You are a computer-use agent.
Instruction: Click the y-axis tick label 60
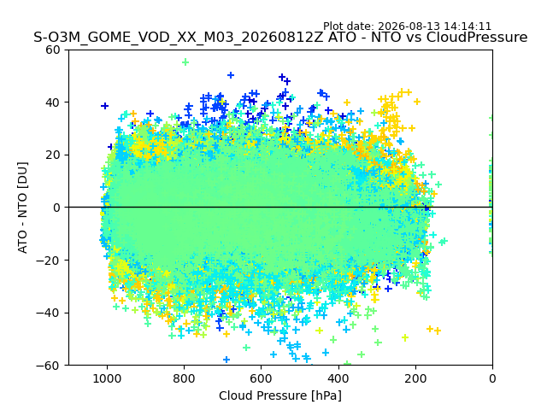click(53, 50)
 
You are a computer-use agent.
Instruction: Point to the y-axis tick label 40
click(53, 102)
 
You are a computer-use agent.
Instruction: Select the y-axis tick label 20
click(53, 155)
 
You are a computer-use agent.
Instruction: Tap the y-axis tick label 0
click(56, 208)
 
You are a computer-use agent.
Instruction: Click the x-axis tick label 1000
click(107, 378)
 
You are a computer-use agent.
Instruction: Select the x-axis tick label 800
click(185, 378)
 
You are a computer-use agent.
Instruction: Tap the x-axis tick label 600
click(262, 378)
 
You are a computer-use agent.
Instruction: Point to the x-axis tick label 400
click(338, 378)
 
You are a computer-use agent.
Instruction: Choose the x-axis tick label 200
click(415, 378)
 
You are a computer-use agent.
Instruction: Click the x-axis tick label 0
click(492, 378)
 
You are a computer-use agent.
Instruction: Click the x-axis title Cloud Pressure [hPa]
click(280, 396)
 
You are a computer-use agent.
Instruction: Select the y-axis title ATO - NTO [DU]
click(22, 208)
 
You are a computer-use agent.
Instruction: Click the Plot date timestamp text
click(407, 26)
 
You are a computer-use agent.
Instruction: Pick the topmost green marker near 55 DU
click(185, 62)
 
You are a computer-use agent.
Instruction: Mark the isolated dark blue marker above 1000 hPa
click(104, 106)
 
